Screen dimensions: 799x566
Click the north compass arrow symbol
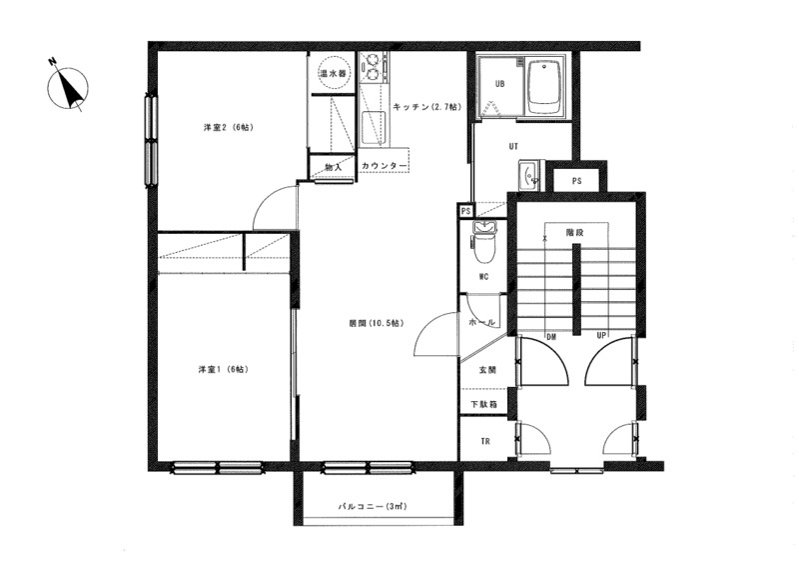point(68,88)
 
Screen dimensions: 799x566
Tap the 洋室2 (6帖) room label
point(229,127)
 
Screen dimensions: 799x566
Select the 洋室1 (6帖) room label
point(223,369)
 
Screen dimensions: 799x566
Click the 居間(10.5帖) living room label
point(377,323)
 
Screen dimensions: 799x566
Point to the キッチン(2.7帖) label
point(427,107)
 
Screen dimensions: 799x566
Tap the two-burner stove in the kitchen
point(372,67)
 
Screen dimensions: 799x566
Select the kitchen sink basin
point(372,128)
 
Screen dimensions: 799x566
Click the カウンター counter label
point(385,166)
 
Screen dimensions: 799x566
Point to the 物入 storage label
point(333,167)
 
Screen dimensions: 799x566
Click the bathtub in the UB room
point(545,87)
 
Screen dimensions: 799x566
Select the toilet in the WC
point(483,242)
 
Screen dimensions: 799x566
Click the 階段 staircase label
point(575,232)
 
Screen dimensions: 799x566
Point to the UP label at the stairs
point(602,336)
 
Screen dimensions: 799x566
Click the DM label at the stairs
point(551,337)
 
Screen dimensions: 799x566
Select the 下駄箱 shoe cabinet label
point(484,405)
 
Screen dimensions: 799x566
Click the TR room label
point(485,441)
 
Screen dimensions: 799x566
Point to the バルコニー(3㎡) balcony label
point(373,507)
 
